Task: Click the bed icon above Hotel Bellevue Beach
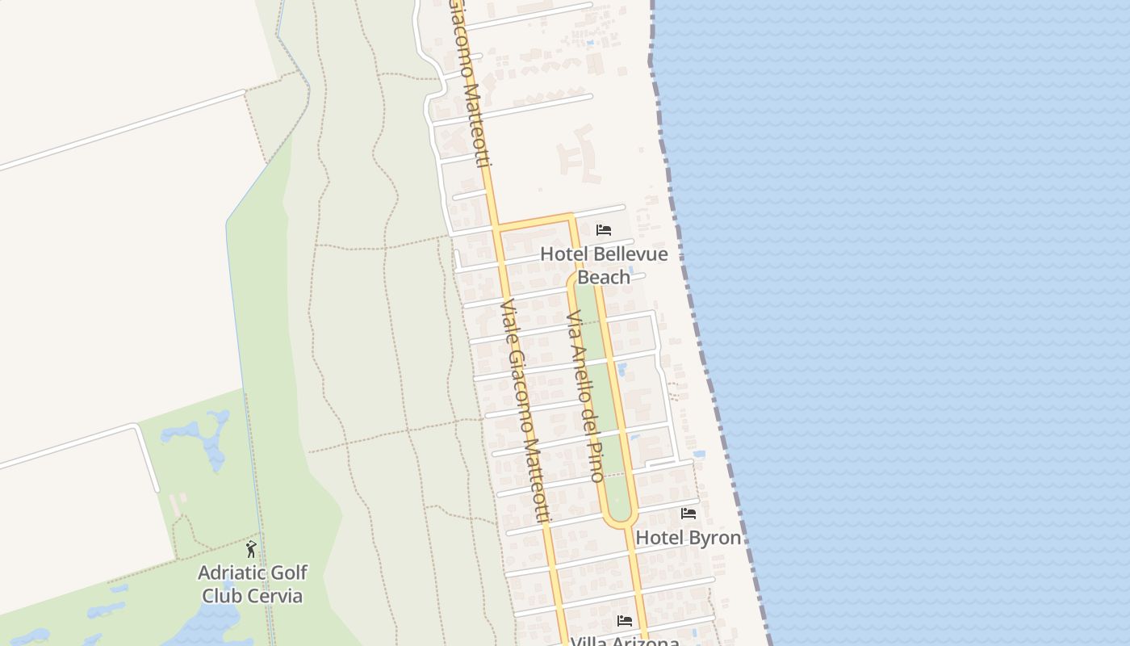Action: tap(603, 230)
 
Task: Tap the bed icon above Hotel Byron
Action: tap(688, 514)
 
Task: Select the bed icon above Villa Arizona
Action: tap(625, 621)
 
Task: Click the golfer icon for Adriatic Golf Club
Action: tap(251, 549)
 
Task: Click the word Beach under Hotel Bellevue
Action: tap(604, 277)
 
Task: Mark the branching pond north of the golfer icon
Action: tap(199, 436)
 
